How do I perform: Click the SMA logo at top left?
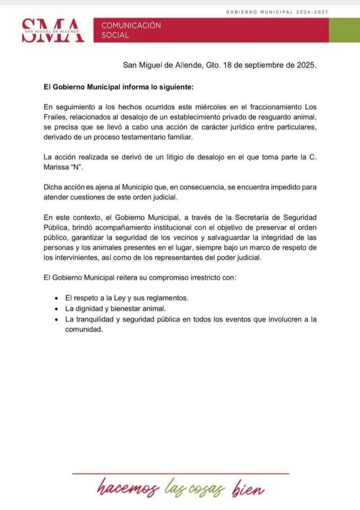[x=53, y=30]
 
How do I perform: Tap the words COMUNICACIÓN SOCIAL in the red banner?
[x=131, y=30]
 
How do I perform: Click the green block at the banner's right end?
[x=344, y=30]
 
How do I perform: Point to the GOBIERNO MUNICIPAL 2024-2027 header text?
[x=277, y=12]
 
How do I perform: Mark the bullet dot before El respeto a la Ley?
[x=56, y=298]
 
